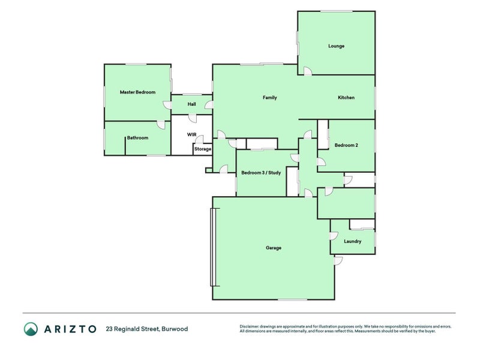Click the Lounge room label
pyautogui.click(x=336, y=46)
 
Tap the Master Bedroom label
pyautogui.click(x=137, y=92)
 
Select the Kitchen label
pyautogui.click(x=346, y=98)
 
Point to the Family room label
pyautogui.click(x=270, y=98)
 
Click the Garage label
pyautogui.click(x=274, y=248)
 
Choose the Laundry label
pyautogui.click(x=353, y=242)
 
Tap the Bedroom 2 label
pyautogui.click(x=346, y=145)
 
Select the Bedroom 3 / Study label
pyautogui.click(x=261, y=173)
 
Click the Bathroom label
pyautogui.click(x=137, y=138)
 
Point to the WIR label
pyautogui.click(x=192, y=134)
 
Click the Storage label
pyautogui.click(x=203, y=149)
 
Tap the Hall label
pyautogui.click(x=191, y=104)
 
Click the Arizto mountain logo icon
pyautogui.click(x=31, y=329)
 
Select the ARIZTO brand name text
pyautogui.click(x=70, y=329)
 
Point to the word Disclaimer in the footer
pyautogui.click(x=250, y=326)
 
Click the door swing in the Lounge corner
pyautogui.click(x=307, y=71)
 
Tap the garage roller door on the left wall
pyautogui.click(x=211, y=247)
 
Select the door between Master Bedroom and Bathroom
pyautogui.click(x=161, y=124)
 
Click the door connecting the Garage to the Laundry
pyautogui.click(x=333, y=236)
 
